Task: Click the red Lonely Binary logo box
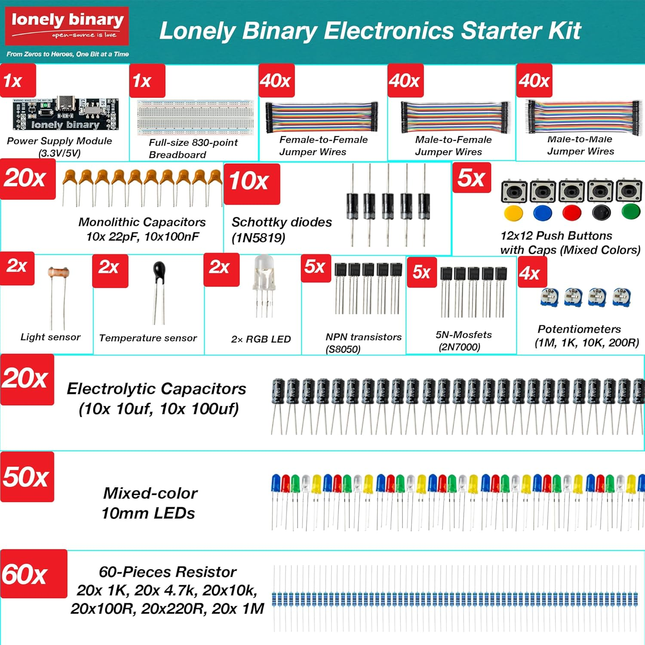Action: [x=67, y=26]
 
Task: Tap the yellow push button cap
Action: [x=513, y=213]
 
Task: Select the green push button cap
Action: [x=630, y=212]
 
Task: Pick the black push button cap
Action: [x=601, y=212]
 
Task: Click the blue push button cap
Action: [x=542, y=212]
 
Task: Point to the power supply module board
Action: [x=65, y=114]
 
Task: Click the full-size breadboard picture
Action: [x=195, y=117]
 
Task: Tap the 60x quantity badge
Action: [x=34, y=574]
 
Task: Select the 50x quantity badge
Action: [x=27, y=476]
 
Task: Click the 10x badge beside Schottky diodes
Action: [x=252, y=184]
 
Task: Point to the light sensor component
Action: [x=58, y=273]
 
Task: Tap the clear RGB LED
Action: [x=264, y=269]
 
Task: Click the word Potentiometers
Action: [x=579, y=329]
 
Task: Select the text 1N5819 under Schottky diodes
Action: [x=258, y=238]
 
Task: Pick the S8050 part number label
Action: [x=343, y=349]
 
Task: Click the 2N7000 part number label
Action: [x=459, y=347]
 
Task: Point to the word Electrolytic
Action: [x=111, y=389]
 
